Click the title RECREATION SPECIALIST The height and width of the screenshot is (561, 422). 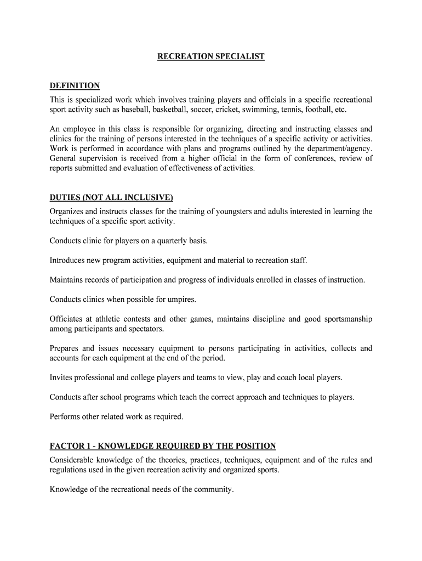[211, 56]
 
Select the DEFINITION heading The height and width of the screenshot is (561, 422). [75, 85]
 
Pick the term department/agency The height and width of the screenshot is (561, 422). [340, 148]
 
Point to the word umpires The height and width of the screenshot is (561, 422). [184, 299]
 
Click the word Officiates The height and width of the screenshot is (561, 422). [66, 319]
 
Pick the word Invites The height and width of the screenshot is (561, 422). [61, 377]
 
